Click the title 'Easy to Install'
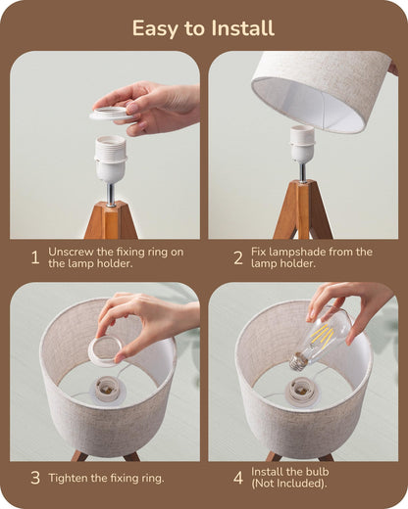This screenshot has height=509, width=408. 203,27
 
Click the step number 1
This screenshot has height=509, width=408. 34,258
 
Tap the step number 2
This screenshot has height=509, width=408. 237,258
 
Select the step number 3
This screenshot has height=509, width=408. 34,479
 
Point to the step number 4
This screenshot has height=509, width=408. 237,479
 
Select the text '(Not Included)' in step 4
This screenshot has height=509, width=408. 290,485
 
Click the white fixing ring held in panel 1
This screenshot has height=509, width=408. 112,115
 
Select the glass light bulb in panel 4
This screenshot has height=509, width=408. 325,337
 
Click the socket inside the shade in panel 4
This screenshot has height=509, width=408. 302,390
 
